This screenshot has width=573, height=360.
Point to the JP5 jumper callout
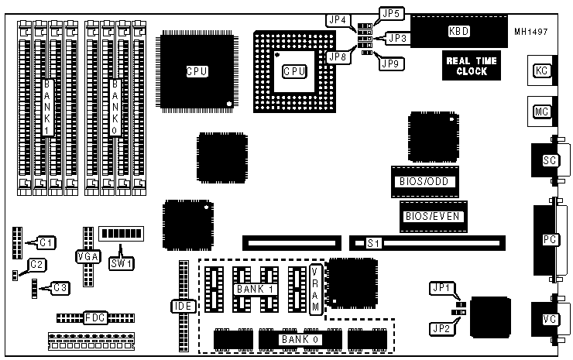pos(389,14)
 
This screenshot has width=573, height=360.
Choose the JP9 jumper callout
pos(389,64)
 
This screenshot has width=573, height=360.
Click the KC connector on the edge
pos(542,70)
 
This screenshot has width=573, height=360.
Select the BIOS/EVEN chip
pos(433,217)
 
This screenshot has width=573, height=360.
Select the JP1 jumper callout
pos(438,290)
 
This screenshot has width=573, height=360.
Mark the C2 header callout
pos(36,265)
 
